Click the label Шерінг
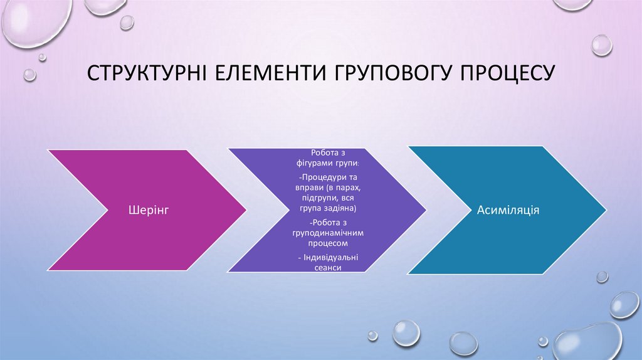coord(149,209)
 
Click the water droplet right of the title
coord(601,45)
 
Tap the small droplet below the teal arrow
coord(602,277)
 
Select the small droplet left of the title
coord(29,75)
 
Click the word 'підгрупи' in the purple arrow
coord(310,198)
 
